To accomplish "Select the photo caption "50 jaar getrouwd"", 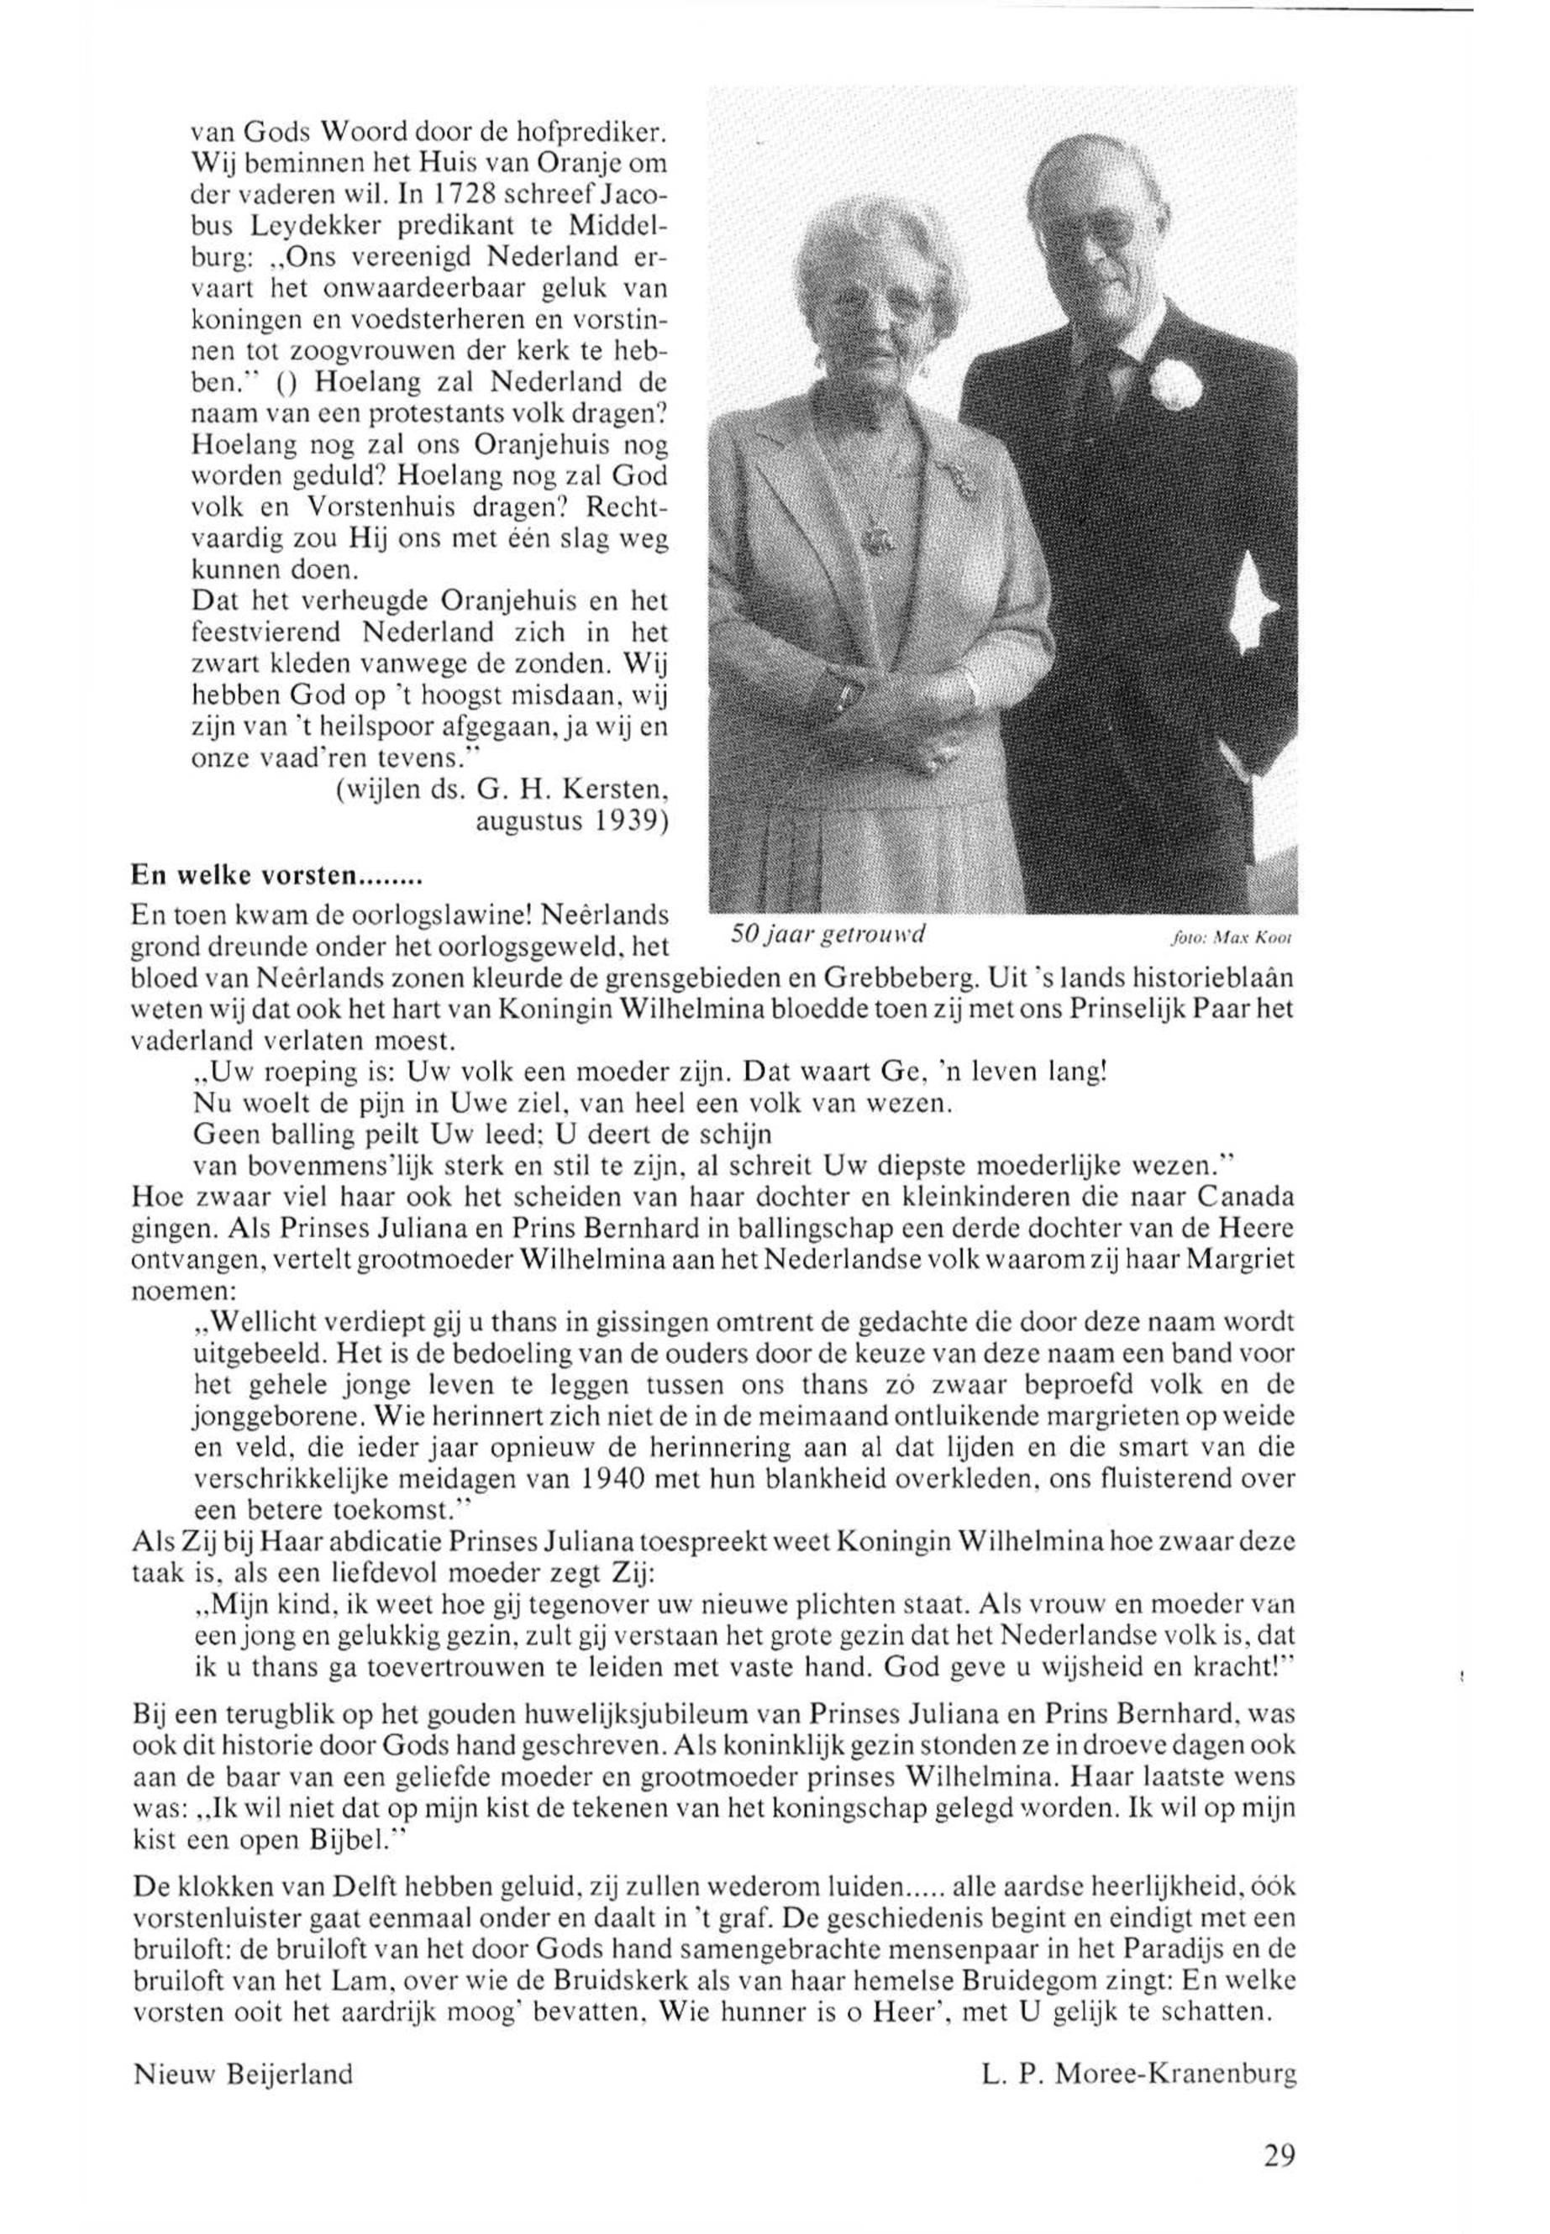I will (x=828, y=934).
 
